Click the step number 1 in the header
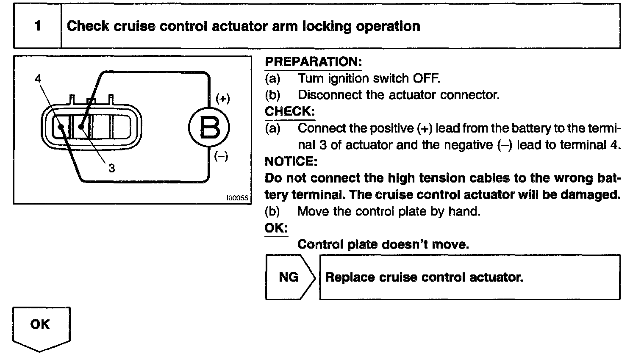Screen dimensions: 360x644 38,26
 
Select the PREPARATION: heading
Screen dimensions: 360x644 313,62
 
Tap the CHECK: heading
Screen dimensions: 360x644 290,111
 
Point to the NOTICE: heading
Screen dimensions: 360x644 291,161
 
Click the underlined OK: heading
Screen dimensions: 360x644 276,228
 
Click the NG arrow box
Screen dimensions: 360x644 289,277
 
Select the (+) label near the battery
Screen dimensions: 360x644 222,99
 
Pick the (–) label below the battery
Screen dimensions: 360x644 221,156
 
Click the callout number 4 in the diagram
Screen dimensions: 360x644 38,79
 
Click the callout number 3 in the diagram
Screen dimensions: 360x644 111,169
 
